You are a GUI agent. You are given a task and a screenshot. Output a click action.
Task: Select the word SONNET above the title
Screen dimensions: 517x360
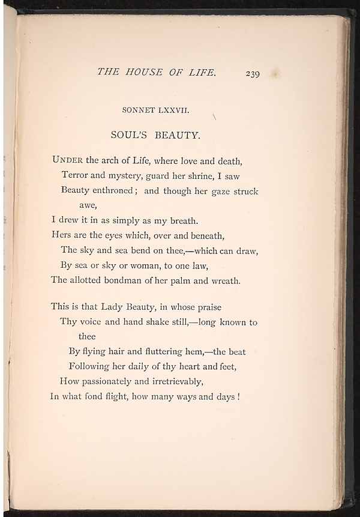tap(140, 110)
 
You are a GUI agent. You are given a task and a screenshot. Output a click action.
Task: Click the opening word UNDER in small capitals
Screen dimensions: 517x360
tap(67, 160)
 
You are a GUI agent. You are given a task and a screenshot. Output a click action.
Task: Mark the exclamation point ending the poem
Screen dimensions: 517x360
tap(238, 396)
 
